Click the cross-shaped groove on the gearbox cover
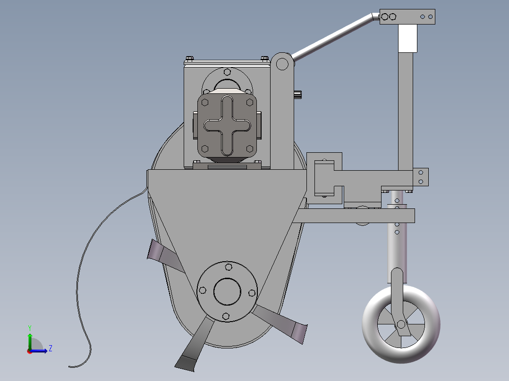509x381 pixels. point(227,125)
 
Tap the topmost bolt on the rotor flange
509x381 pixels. point(229,267)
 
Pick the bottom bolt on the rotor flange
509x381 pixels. point(226,315)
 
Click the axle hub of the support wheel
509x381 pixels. point(401,324)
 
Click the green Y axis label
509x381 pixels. point(29,327)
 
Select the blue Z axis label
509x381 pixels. point(50,348)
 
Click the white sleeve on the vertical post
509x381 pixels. point(408,38)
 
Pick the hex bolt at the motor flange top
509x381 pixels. point(227,72)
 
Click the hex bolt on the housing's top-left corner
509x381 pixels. point(189,58)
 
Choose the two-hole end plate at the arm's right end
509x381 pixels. point(421,177)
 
